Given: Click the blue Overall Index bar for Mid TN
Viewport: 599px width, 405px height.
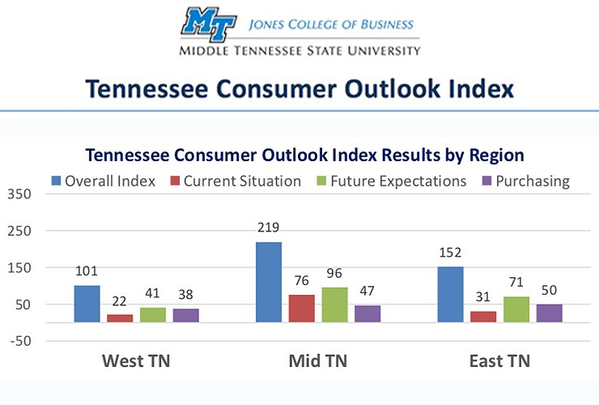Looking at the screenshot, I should click(269, 282).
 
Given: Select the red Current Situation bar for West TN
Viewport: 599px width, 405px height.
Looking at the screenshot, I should click(120, 318).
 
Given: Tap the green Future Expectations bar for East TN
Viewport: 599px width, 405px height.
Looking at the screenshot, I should click(516, 309).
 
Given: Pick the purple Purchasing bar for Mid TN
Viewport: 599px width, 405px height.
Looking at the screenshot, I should click(367, 313).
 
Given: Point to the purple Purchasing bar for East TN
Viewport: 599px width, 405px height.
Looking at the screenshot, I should click(549, 313).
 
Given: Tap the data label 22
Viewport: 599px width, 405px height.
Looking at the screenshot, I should click(120, 301).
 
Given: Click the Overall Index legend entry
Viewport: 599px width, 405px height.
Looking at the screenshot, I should click(103, 181).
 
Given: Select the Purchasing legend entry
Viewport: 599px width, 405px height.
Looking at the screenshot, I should click(525, 181).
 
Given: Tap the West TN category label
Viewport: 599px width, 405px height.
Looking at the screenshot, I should click(135, 361).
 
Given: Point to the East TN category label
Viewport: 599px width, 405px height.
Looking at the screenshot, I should click(499, 361).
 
